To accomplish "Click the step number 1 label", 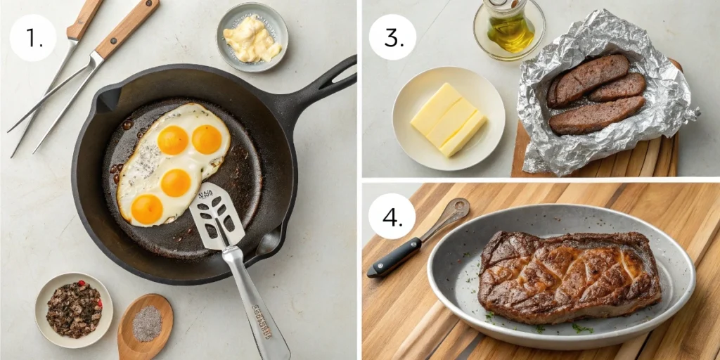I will point(32,37).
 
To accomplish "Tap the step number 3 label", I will point(392,37).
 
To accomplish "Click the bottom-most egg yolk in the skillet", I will point(147,210).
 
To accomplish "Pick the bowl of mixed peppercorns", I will point(74,309).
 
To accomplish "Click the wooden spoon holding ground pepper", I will point(145,325).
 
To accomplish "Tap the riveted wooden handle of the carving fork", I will point(127,28).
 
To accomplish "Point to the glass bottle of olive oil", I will point(508,26).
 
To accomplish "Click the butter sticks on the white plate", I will point(448,119).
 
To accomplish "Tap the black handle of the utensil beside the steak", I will point(394,257).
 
